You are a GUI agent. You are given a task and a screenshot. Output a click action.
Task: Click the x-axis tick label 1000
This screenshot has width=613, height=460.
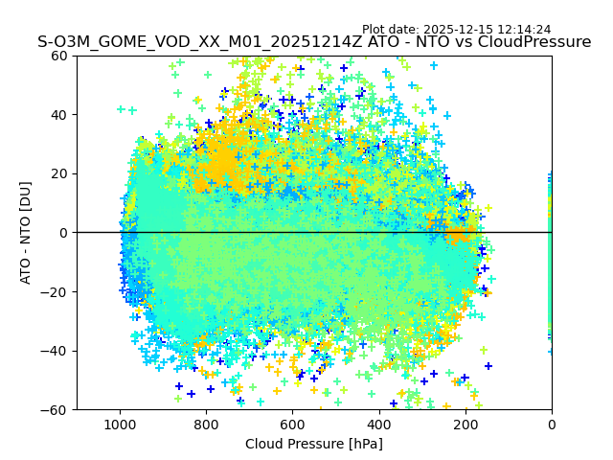click(120, 425)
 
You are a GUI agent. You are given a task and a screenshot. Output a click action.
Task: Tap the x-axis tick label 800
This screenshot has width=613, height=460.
click(206, 425)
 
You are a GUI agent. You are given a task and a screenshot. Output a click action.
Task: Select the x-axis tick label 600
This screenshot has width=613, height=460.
click(292, 425)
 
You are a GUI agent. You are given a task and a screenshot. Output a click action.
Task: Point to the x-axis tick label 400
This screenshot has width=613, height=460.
click(378, 425)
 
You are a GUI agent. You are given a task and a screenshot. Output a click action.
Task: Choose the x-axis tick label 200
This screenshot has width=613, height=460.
click(465, 425)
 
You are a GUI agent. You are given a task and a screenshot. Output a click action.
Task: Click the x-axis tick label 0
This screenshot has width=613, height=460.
click(552, 425)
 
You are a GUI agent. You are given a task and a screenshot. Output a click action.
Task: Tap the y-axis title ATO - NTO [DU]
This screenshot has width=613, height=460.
click(27, 233)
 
